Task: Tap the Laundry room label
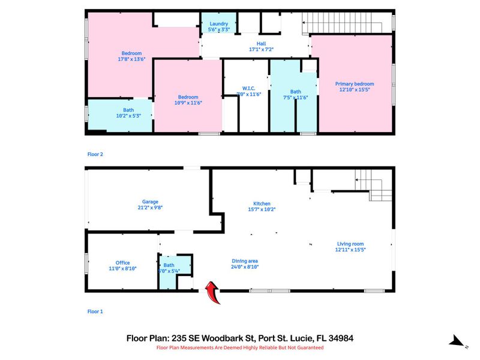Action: pyautogui.click(x=218, y=24)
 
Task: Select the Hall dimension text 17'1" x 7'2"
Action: pyautogui.click(x=261, y=50)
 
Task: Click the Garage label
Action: pyautogui.click(x=149, y=202)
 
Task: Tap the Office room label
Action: pyautogui.click(x=122, y=263)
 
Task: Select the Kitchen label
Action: pyautogui.click(x=262, y=204)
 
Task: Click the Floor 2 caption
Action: pyautogui.click(x=95, y=154)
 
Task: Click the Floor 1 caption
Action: pyautogui.click(x=95, y=311)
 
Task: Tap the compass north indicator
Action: pyautogui.click(x=458, y=341)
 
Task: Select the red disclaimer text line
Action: pyautogui.click(x=240, y=347)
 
